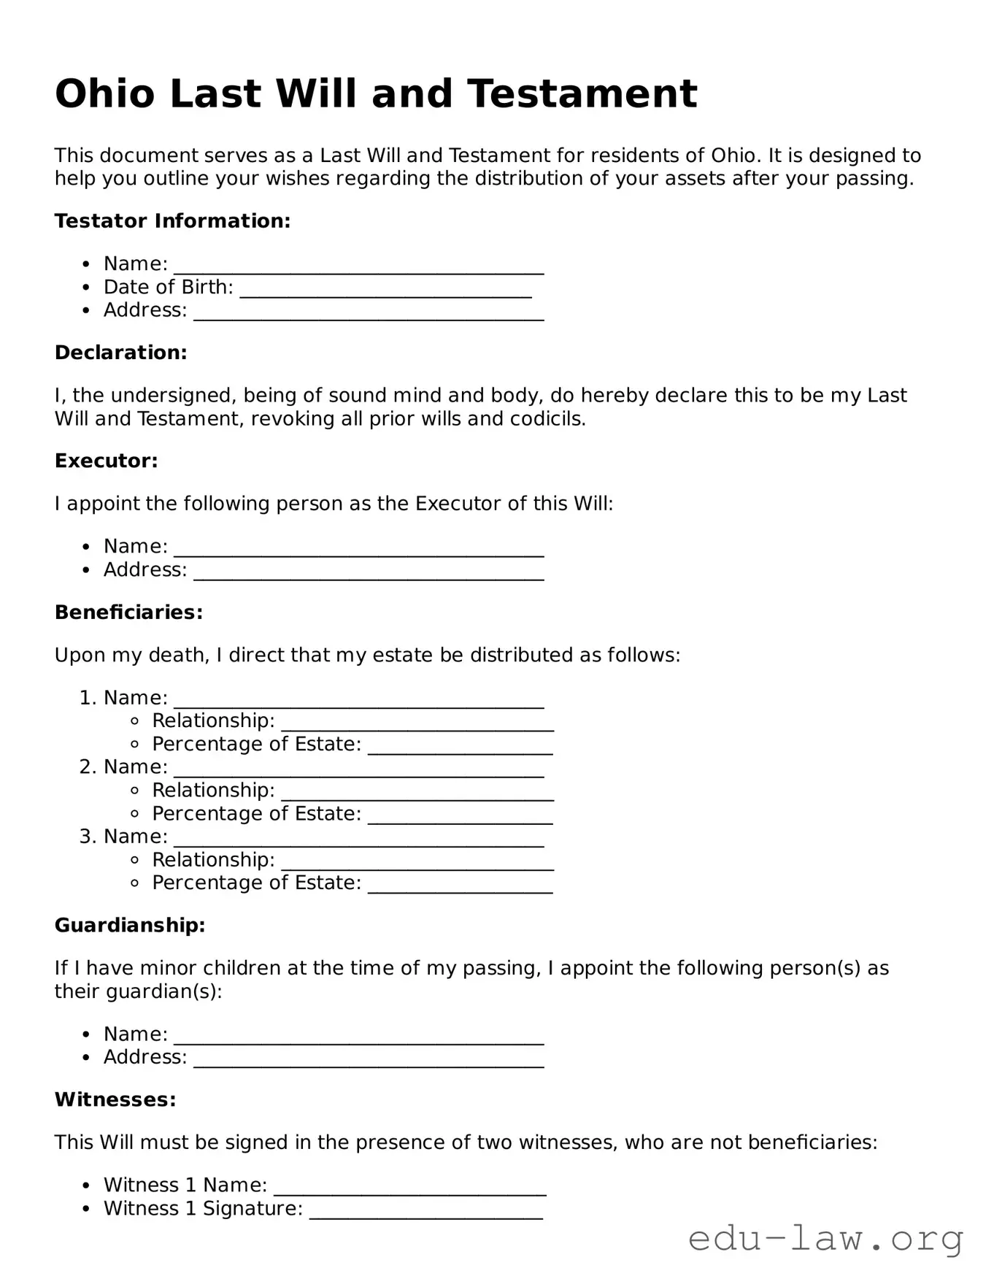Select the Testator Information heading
(172, 221)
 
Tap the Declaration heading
(121, 353)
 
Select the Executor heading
(107, 461)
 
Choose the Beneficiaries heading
(129, 612)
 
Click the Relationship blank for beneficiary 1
(417, 724)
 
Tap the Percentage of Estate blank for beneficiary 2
(460, 817)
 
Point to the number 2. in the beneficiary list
(88, 767)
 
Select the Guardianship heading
(130, 925)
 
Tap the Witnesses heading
(115, 1099)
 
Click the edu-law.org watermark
(825, 1239)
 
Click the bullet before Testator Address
(87, 311)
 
